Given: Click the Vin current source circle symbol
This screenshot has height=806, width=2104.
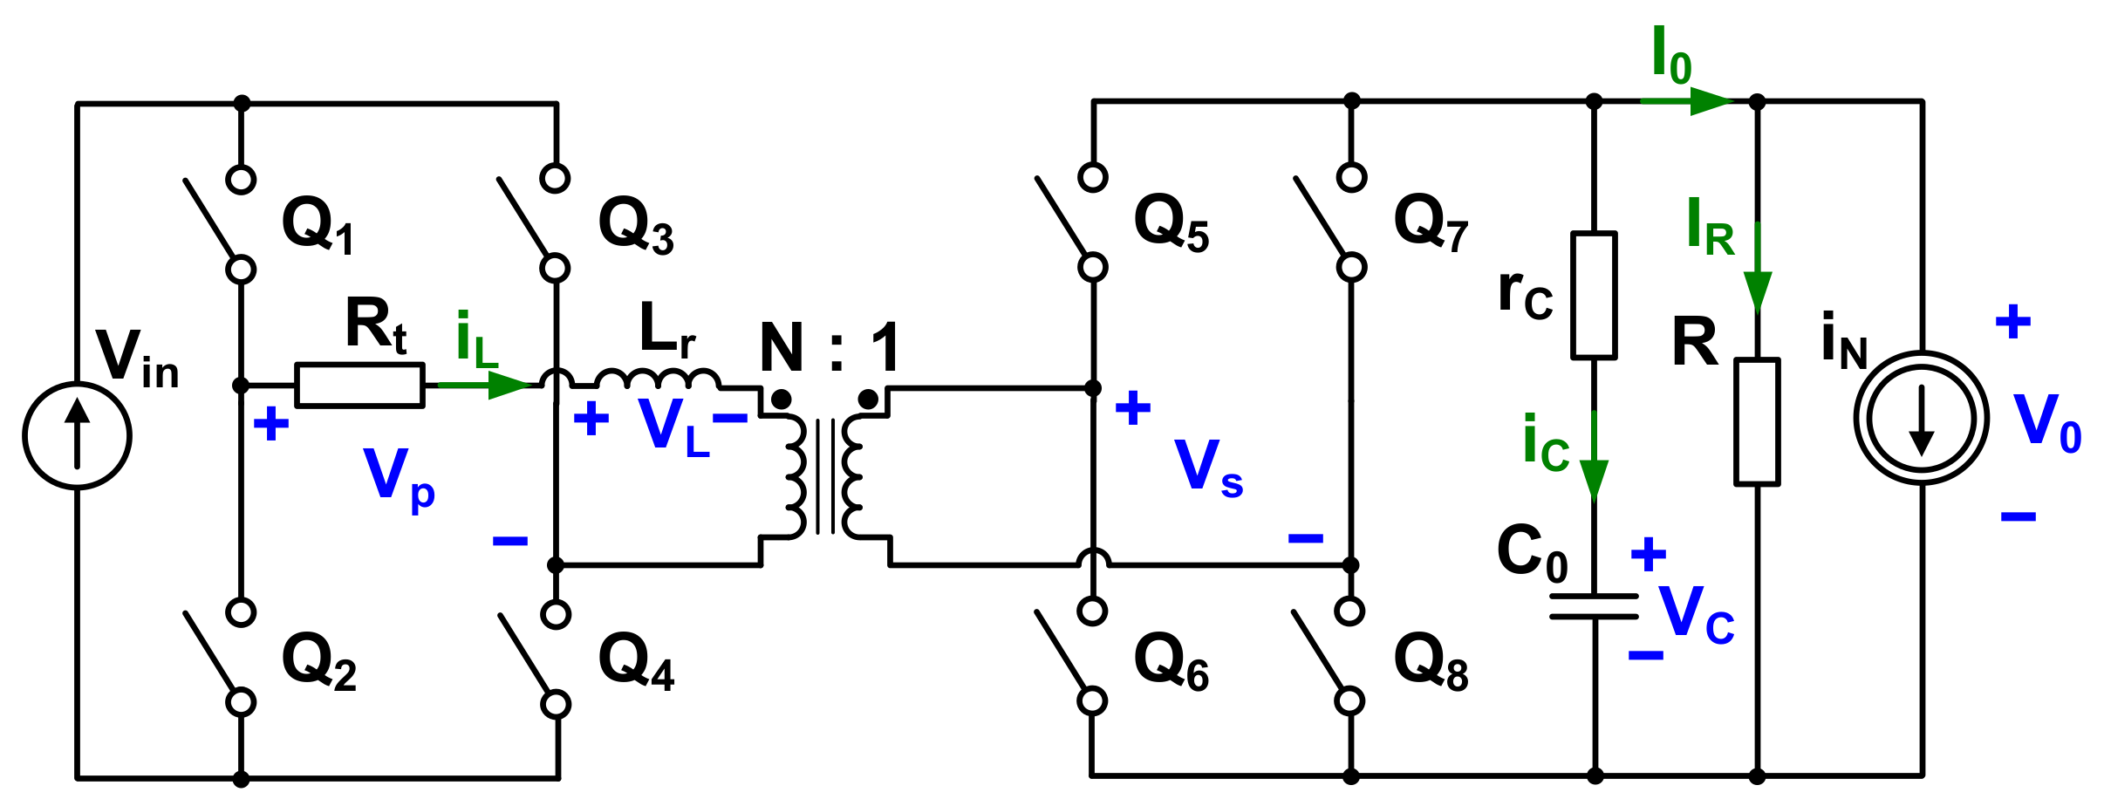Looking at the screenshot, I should pos(77,434).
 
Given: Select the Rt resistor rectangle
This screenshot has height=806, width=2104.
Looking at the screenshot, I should pos(359,385).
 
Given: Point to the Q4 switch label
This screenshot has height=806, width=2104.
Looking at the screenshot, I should pos(636,662).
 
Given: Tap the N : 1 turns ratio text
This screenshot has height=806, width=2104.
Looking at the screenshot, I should pos(830,347).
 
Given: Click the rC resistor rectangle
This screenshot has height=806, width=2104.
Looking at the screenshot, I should pos(1594,295).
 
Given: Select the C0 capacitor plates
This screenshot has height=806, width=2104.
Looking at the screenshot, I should pos(1594,606).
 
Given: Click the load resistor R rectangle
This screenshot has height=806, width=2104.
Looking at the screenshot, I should pos(1757,421).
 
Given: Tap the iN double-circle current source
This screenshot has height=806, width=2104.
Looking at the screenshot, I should pos(1922,418).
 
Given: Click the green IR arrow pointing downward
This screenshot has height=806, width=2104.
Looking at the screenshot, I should pos(1757,279).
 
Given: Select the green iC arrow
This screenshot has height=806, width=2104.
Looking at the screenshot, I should pos(1594,467).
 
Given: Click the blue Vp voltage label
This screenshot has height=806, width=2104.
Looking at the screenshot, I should pos(398,478).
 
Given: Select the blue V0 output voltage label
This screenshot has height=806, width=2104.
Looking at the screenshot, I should pos(2046,423).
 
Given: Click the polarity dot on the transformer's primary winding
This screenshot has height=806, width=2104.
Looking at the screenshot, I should pos(782,400).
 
